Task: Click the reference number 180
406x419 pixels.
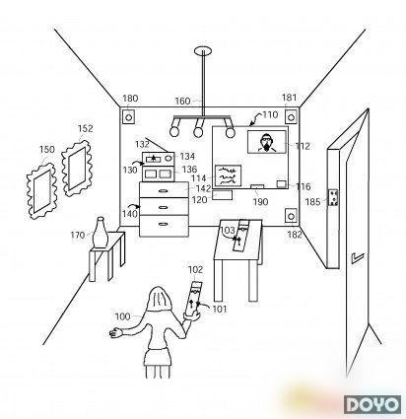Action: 130,99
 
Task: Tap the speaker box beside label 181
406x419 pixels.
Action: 291,117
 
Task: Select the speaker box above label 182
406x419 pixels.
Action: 291,216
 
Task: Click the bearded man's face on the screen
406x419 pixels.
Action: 266,141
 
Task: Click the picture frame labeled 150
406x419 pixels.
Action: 41,191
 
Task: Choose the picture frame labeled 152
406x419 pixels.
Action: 77,169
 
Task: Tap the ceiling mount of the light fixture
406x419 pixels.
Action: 203,50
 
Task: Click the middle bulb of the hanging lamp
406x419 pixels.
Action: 198,132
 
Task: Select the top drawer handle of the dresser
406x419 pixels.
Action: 164,191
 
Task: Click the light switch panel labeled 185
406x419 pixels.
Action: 333,198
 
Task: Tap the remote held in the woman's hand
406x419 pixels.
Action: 192,298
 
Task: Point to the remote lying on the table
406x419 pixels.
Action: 240,236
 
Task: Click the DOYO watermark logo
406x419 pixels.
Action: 372,404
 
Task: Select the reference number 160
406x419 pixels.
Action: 182,101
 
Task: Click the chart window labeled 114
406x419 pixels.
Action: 228,175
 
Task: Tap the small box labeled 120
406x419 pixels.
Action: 223,195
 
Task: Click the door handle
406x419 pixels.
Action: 357,257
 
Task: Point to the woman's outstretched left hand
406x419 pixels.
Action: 115,332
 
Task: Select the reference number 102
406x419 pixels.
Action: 195,270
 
